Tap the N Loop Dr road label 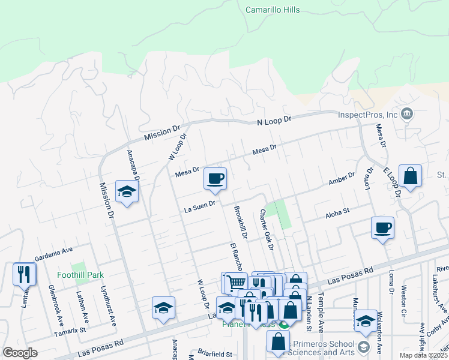tap(274, 120)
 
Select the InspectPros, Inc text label tap(369, 115)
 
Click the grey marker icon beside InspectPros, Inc tap(408, 114)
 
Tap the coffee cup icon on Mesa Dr tap(215, 178)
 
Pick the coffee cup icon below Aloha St tap(382, 227)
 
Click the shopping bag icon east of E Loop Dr tap(410, 176)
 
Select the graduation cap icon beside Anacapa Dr tap(127, 191)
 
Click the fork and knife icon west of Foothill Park tap(24, 274)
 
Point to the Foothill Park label tap(80, 275)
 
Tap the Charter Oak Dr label tap(267, 230)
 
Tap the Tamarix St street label tap(70, 330)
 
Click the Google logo tap(20, 353)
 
